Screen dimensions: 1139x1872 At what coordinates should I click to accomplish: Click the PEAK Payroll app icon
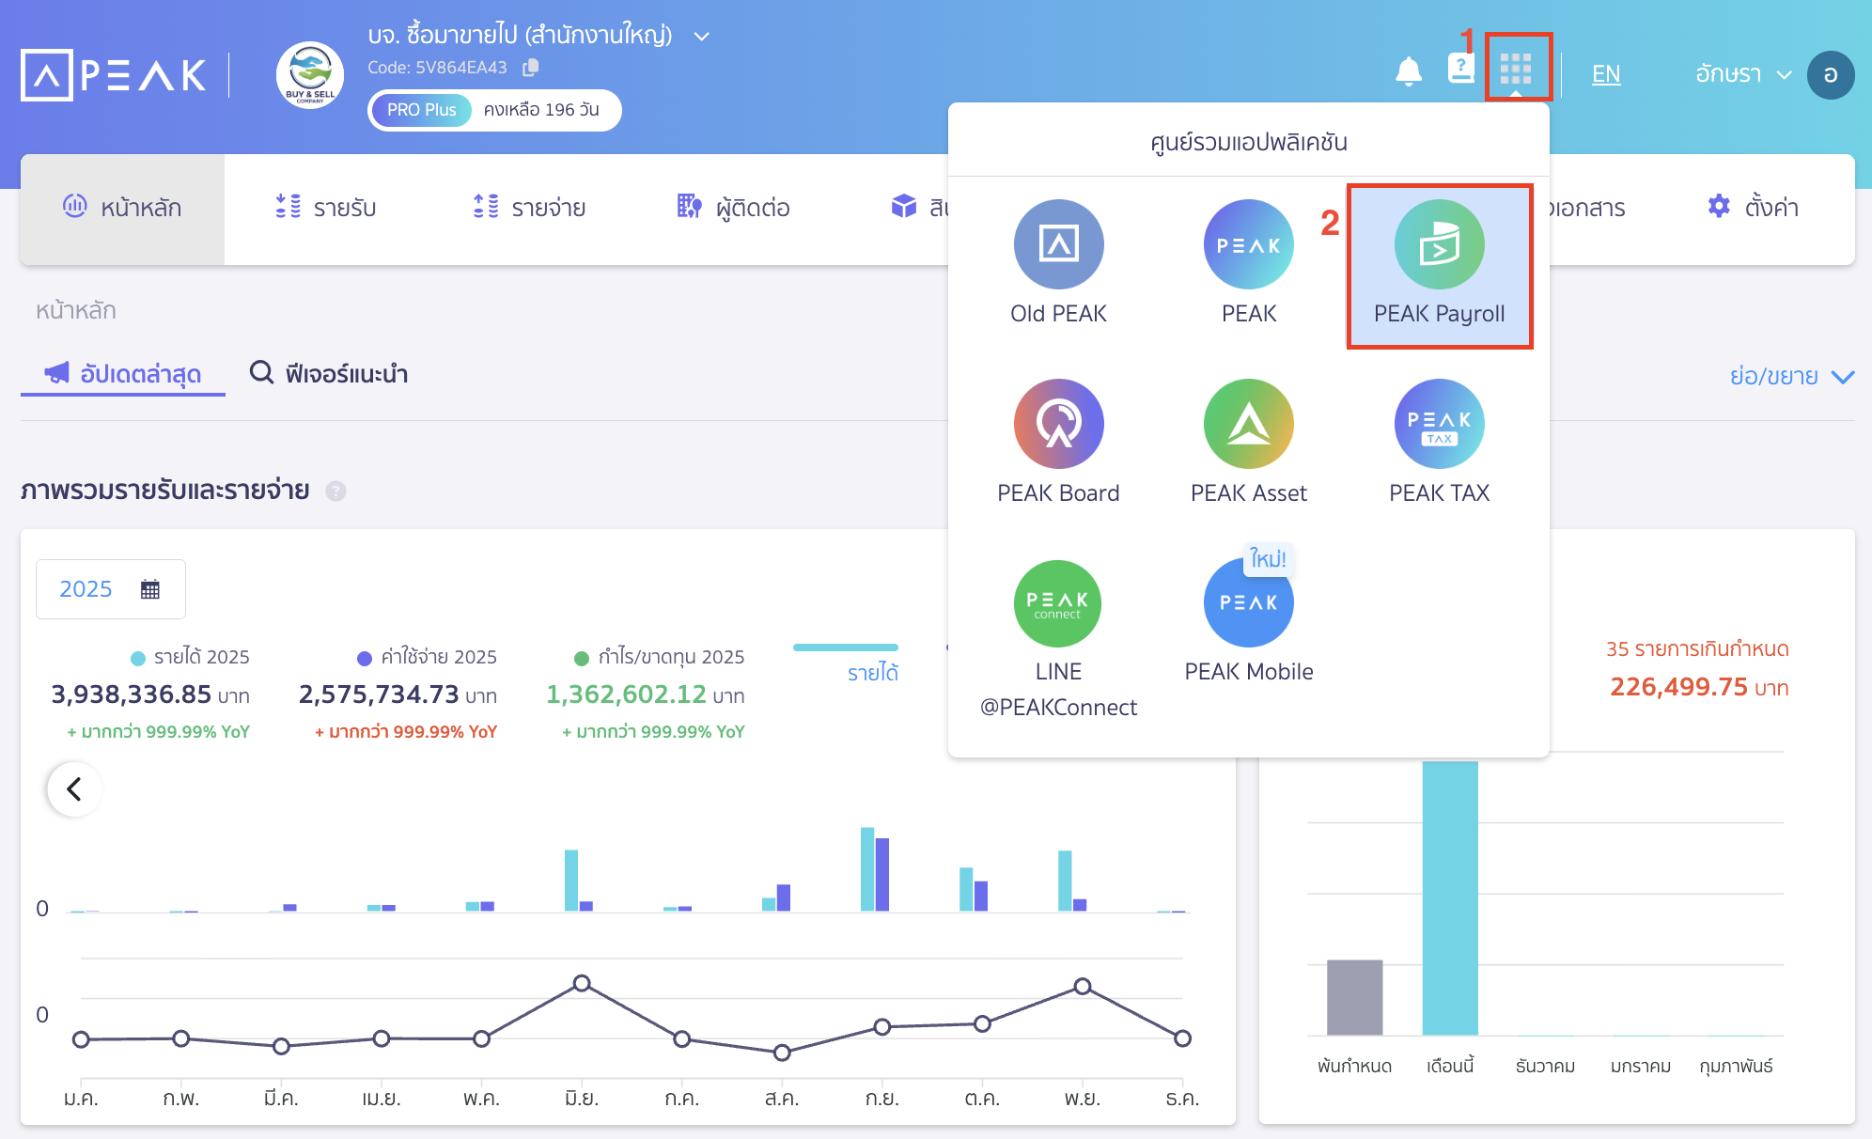point(1439,244)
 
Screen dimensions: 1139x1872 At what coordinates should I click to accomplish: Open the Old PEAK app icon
point(1058,244)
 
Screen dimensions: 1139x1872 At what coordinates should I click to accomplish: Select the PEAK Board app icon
point(1058,424)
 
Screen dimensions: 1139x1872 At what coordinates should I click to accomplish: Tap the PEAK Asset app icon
point(1248,424)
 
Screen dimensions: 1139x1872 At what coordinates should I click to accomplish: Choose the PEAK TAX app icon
point(1439,424)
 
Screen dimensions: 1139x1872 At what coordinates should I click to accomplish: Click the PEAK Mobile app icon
point(1248,602)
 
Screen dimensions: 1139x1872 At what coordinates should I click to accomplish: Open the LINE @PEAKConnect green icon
point(1058,602)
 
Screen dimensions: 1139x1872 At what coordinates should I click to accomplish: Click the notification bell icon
point(1408,71)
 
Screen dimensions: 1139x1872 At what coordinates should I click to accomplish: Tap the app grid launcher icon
point(1516,69)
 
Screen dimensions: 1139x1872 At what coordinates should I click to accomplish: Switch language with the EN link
point(1605,74)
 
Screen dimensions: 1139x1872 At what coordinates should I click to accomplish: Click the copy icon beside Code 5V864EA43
point(531,68)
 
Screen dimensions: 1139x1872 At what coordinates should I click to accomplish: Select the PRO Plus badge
point(421,110)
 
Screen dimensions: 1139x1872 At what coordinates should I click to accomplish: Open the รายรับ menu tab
point(326,208)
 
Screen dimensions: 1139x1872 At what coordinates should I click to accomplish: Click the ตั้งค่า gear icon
point(1719,207)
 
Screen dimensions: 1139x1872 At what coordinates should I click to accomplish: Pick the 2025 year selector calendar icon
point(150,589)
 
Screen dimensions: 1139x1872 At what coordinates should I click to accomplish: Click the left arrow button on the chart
point(74,788)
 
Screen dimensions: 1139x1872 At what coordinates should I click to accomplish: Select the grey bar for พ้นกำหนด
point(1354,997)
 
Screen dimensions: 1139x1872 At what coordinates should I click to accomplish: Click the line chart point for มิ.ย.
point(582,983)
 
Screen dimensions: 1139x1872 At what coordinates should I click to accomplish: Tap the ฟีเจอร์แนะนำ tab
point(328,374)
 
